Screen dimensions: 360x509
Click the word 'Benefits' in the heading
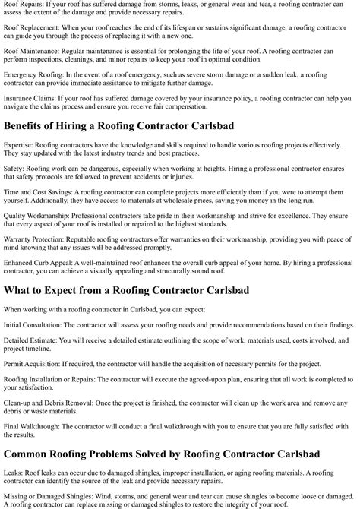[27, 125]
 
